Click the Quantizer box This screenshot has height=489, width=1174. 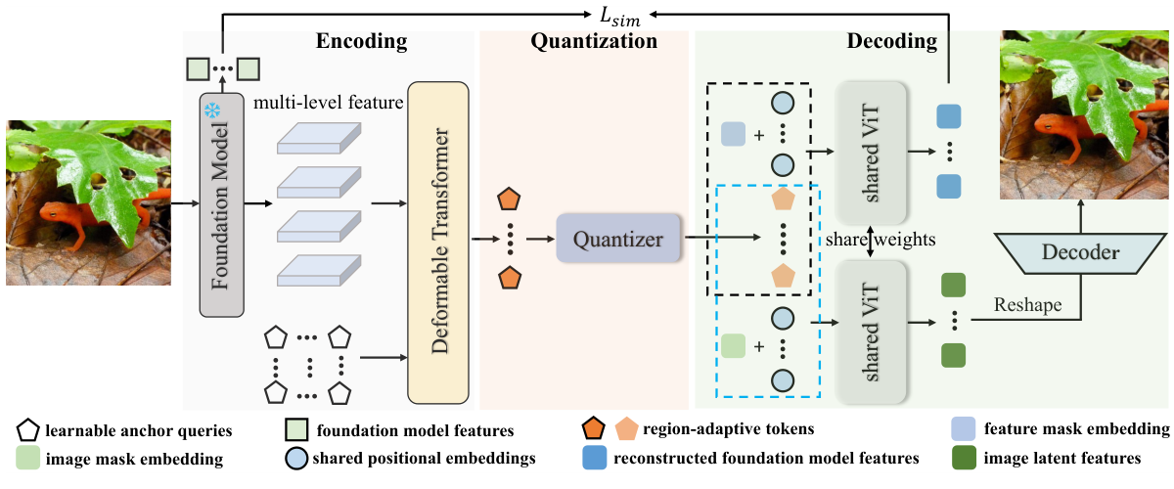[618, 238]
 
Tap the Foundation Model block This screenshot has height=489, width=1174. [222, 205]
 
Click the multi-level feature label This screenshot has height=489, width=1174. [329, 103]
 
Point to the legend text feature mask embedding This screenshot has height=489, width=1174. [1076, 428]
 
